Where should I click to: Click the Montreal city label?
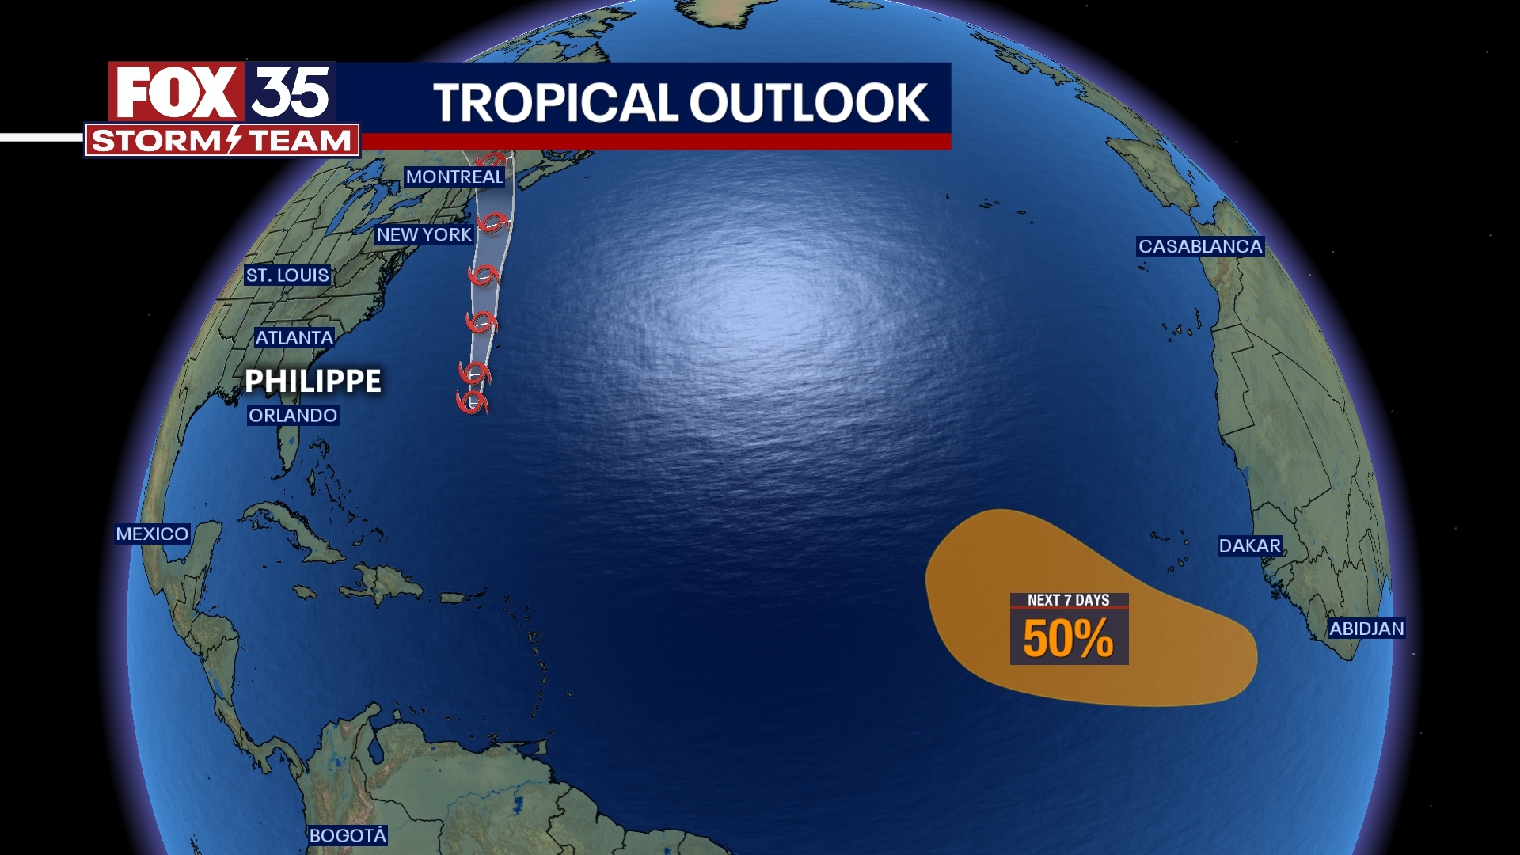[x=454, y=177]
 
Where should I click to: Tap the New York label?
[x=424, y=234]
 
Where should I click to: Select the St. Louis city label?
[x=287, y=275]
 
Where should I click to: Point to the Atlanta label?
[x=294, y=337]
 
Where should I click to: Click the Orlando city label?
[x=293, y=416]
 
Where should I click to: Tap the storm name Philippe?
[x=313, y=381]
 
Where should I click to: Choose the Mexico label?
[x=152, y=534]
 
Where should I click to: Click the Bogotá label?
[x=348, y=835]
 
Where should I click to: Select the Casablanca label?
[x=1200, y=246]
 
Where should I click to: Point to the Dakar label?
[x=1249, y=545]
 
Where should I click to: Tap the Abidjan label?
[x=1366, y=629]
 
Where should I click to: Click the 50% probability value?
[x=1068, y=639]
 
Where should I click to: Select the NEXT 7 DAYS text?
[x=1068, y=600]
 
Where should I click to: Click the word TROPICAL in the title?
[x=555, y=103]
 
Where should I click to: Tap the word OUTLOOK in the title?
[x=808, y=103]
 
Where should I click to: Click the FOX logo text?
[x=176, y=93]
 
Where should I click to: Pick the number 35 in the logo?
[x=291, y=92]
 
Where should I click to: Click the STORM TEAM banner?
[x=222, y=141]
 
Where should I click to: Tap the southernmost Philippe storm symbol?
[x=473, y=401]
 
